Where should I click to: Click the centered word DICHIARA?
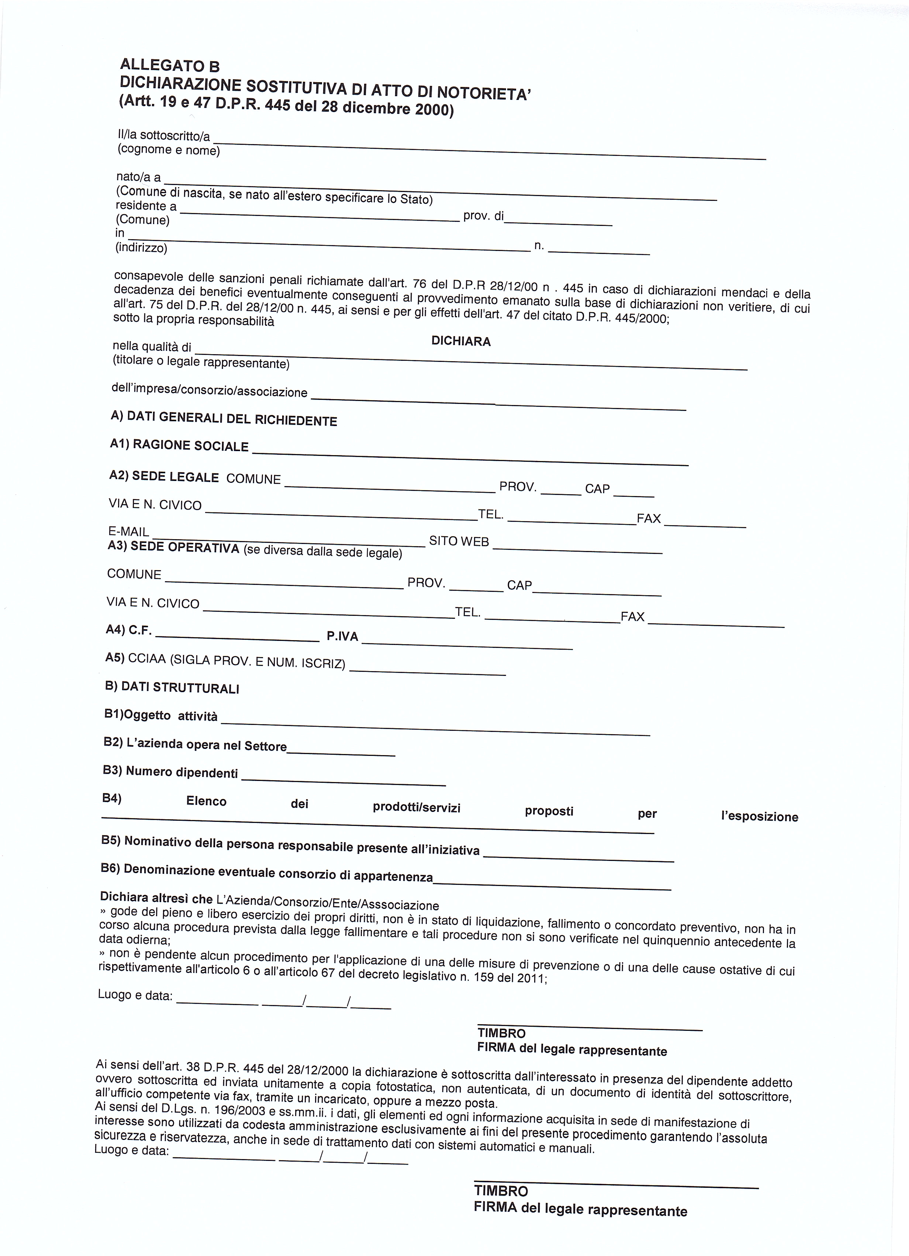pyautogui.click(x=461, y=341)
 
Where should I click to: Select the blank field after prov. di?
pyautogui.click(x=558, y=222)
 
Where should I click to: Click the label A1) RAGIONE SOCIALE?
pyautogui.click(x=179, y=445)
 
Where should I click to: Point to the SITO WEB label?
pyautogui.click(x=459, y=541)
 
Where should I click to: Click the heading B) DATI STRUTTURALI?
pyautogui.click(x=172, y=688)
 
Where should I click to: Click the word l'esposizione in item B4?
pyautogui.click(x=759, y=817)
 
